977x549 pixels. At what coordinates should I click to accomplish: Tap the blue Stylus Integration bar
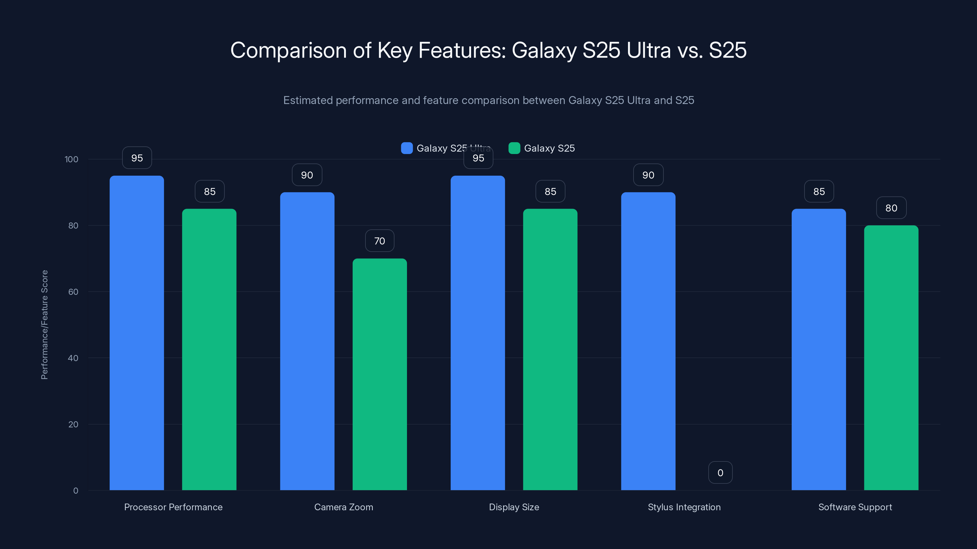click(648, 341)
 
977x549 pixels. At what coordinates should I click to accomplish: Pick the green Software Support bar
click(891, 358)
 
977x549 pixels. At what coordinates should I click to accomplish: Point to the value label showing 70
click(380, 241)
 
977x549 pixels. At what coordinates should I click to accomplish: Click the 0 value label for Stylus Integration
click(720, 472)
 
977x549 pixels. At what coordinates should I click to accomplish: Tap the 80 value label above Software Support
click(891, 208)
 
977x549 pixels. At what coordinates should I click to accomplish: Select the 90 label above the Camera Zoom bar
click(307, 175)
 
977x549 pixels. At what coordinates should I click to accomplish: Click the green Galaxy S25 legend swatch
click(514, 148)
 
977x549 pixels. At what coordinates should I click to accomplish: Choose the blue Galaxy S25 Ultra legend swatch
click(407, 148)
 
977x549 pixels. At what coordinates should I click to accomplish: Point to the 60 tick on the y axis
click(73, 292)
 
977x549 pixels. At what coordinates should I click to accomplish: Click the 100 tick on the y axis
click(71, 159)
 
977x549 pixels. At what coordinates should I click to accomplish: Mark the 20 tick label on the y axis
click(73, 424)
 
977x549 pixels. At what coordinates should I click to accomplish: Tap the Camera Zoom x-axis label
click(343, 507)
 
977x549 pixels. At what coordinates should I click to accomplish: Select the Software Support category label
click(855, 507)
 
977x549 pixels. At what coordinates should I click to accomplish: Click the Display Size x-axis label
click(514, 507)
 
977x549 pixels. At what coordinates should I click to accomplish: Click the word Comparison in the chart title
click(288, 50)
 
